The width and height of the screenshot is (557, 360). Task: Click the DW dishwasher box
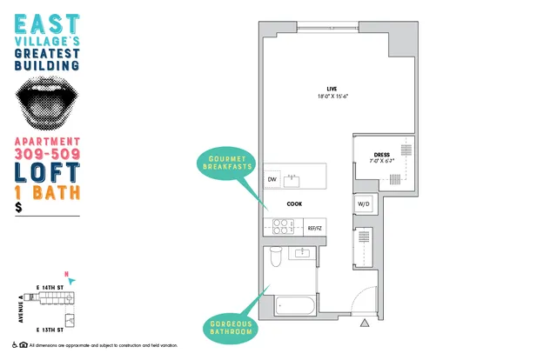click(x=272, y=180)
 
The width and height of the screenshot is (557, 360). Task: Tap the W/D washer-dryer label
click(x=364, y=203)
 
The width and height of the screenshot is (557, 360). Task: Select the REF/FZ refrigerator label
click(x=314, y=228)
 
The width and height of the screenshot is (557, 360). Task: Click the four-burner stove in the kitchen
click(x=283, y=226)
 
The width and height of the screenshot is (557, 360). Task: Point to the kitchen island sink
click(x=292, y=180)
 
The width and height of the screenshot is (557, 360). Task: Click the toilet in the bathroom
click(x=275, y=257)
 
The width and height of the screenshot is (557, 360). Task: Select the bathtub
click(x=295, y=306)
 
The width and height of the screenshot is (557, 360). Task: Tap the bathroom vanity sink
click(x=304, y=254)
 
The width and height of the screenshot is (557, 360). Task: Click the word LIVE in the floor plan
click(x=331, y=89)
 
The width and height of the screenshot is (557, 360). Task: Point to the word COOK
click(x=295, y=205)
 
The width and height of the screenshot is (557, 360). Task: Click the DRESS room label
click(x=382, y=155)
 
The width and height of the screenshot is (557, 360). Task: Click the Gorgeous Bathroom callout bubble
click(x=232, y=328)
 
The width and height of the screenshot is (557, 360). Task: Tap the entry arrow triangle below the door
click(x=366, y=324)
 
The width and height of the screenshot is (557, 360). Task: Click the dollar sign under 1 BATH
click(x=18, y=207)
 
